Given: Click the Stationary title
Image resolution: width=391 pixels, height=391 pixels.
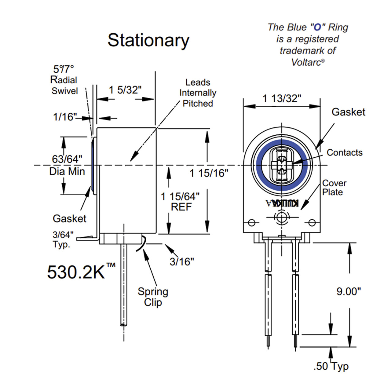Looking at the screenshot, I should (148, 40).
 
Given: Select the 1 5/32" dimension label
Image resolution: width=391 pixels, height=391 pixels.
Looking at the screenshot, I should (125, 90).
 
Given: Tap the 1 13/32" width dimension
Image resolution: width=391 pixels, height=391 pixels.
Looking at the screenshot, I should (282, 98).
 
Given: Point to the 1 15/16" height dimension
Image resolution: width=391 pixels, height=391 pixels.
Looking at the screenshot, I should (209, 173).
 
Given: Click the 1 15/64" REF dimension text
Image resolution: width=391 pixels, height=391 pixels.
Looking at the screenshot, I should (181, 202).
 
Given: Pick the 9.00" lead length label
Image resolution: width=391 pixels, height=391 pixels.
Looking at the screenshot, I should (349, 291).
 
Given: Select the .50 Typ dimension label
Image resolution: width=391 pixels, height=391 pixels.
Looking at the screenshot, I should (331, 366).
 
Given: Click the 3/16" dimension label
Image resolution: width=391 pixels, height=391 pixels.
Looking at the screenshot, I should (182, 261).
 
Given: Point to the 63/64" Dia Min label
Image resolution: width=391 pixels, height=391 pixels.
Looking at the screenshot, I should (67, 165).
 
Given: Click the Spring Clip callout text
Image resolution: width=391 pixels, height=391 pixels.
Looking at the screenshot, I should (153, 297).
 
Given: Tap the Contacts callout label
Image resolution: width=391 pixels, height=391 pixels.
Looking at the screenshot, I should (344, 152).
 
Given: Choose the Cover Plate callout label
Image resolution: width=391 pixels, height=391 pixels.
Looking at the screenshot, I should (334, 188).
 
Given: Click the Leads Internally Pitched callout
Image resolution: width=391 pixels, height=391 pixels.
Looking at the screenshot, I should (198, 93).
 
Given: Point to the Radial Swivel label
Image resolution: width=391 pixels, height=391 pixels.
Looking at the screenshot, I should (64, 85).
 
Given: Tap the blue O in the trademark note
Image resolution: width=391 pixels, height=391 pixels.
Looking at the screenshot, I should (317, 27).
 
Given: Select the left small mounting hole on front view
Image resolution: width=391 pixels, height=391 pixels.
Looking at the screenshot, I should (251, 222).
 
